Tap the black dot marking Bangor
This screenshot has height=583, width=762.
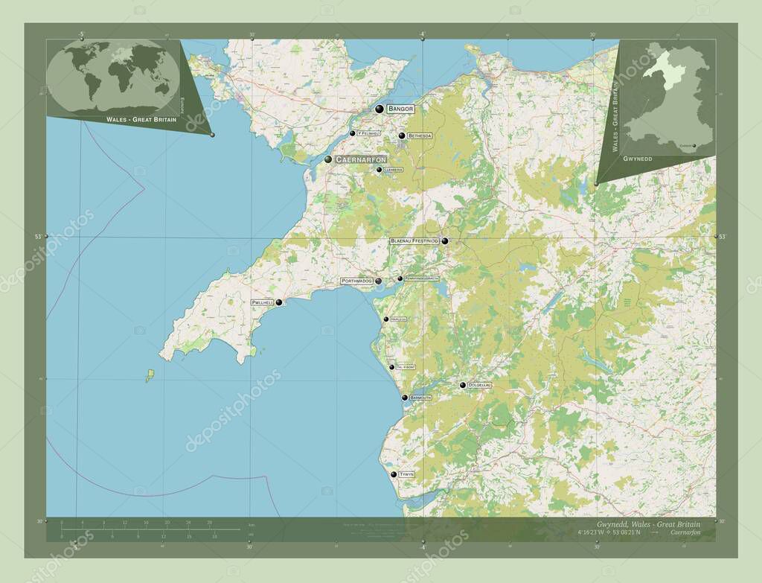pos(380,109)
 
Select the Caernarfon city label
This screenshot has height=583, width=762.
pos(360,159)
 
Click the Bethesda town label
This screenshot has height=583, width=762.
pos(419,136)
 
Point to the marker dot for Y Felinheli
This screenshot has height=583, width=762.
pos(353,134)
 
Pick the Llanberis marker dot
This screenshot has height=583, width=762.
pos(379,170)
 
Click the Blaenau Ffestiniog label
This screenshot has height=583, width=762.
pos(414,241)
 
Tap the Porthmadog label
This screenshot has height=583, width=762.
pos(356,281)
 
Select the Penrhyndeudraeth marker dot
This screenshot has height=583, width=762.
pos(400,278)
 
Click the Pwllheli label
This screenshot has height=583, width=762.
pos(263,303)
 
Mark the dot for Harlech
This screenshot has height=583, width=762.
pos(385,319)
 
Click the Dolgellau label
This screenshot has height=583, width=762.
pos(480,385)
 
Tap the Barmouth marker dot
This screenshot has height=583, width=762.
pos(405,398)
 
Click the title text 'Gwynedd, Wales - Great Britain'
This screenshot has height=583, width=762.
pos(648,524)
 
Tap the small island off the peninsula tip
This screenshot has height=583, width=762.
pos(150,375)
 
